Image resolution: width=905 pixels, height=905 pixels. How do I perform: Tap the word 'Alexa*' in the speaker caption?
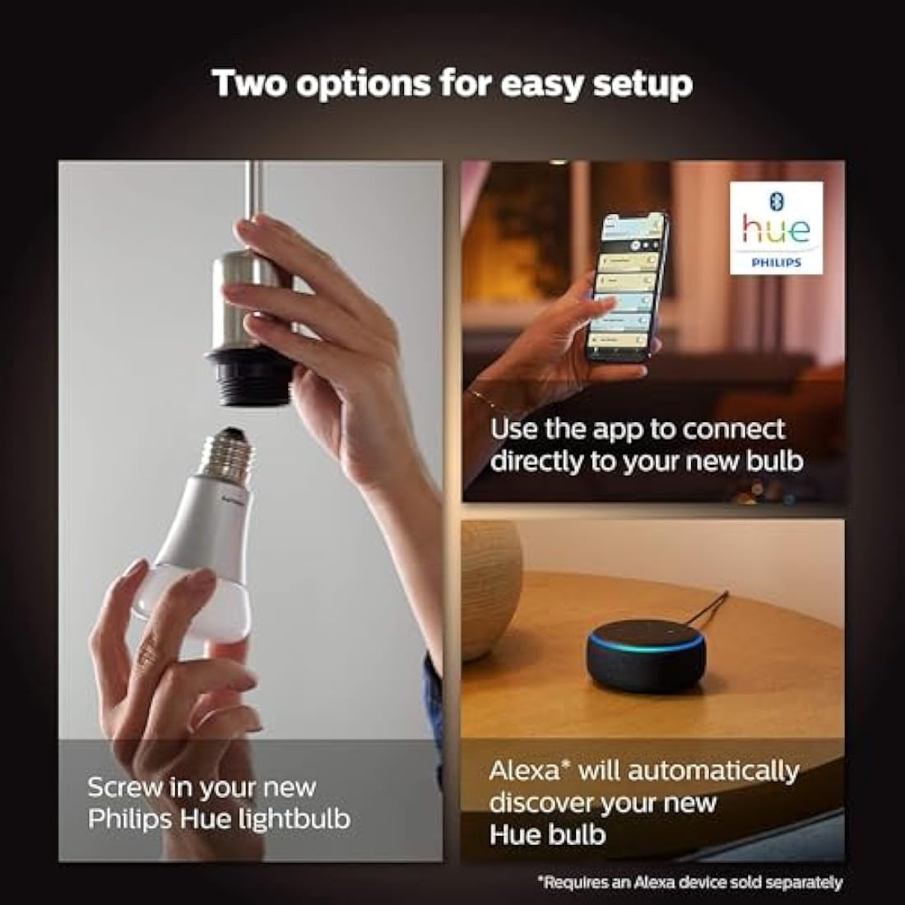(531, 772)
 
